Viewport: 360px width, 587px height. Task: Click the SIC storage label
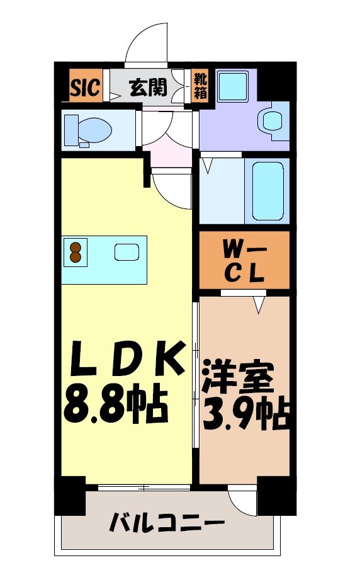tap(85, 88)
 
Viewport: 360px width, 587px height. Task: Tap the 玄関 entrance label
tap(148, 88)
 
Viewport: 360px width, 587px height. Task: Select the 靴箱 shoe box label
tap(199, 86)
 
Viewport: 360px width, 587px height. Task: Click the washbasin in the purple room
tap(273, 120)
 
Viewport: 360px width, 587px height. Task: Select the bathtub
tap(270, 190)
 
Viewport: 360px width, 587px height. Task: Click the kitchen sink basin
tap(125, 252)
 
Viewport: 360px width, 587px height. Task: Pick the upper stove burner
tap(76, 247)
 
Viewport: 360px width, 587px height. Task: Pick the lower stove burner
tap(76, 257)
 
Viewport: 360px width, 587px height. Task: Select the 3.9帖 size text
tap(245, 414)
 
